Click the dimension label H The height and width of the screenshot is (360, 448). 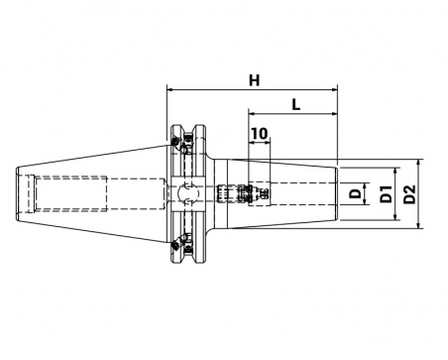pyautogui.click(x=254, y=80)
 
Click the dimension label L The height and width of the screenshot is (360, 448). pyautogui.click(x=296, y=104)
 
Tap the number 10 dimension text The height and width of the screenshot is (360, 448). pyautogui.click(x=260, y=134)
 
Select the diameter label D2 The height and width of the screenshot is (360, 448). pyautogui.click(x=409, y=194)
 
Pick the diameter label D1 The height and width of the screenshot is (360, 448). pyautogui.click(x=386, y=194)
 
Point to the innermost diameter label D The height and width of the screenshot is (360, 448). pyautogui.click(x=356, y=193)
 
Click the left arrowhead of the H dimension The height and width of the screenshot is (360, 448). pyautogui.click(x=170, y=89)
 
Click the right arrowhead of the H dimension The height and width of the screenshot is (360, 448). pyautogui.click(x=334, y=89)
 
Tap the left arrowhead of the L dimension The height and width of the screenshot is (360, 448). pyautogui.click(x=252, y=114)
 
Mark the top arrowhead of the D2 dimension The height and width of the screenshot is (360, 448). pyautogui.click(x=419, y=163)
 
